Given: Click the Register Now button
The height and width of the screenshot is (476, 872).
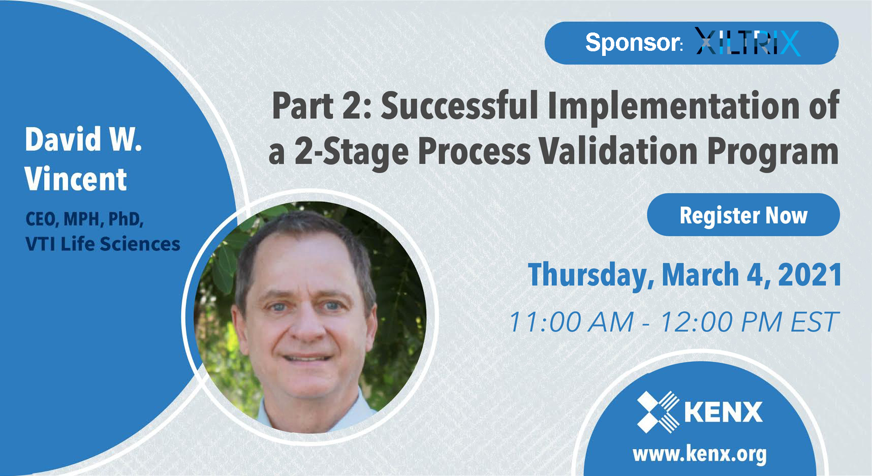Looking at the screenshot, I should coord(743,215).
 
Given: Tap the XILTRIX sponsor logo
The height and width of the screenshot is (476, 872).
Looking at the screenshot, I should coord(747,42).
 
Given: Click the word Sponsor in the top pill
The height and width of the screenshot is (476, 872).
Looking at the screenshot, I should coord(633,42).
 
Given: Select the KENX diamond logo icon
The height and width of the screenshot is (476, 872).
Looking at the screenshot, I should coord(658,411).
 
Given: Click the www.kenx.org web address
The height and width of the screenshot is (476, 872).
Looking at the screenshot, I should coord(699,454).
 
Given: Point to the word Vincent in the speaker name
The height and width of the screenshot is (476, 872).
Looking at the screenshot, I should coord(76,179).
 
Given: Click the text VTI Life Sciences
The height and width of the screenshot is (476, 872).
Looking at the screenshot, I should coord(103,244).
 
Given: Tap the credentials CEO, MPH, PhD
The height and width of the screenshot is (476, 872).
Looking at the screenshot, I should coord(84,219).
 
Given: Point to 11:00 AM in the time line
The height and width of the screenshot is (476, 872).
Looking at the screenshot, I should coord(571,322).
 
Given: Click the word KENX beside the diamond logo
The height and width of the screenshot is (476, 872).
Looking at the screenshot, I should coord(723,412).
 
